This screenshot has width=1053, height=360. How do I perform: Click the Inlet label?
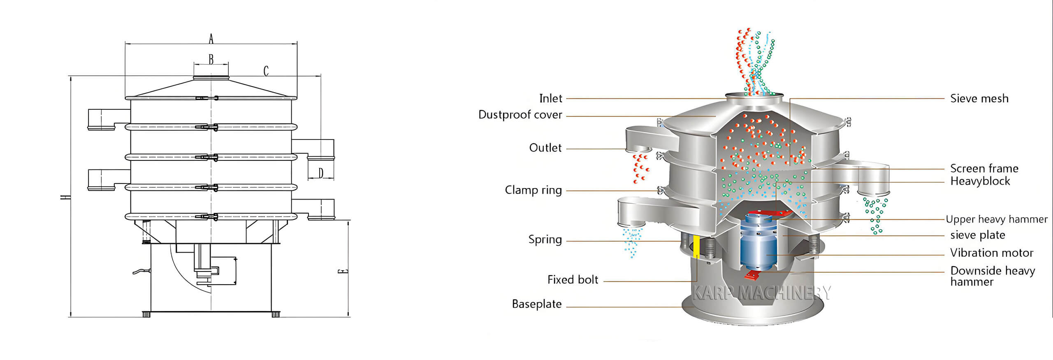pyautogui.click(x=550, y=99)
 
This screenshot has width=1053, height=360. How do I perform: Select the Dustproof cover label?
pyautogui.click(x=520, y=115)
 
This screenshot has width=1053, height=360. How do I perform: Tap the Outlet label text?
pyautogui.click(x=545, y=148)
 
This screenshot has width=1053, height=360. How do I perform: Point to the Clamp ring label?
pyautogui.click(x=533, y=190)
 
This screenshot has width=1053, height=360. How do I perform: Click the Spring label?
pyautogui.click(x=545, y=239)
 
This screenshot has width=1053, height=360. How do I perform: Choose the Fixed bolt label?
pyautogui.click(x=573, y=280)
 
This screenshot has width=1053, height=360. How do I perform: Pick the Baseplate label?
pyautogui.click(x=537, y=304)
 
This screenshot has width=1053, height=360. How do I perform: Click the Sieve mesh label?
pyautogui.click(x=979, y=99)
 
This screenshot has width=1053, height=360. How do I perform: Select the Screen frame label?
pyautogui.click(x=984, y=168)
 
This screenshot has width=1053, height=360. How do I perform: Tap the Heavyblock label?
pyautogui.click(x=980, y=181)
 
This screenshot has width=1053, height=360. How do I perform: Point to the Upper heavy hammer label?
pyautogui.click(x=996, y=219)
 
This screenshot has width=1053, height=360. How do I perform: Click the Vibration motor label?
pyautogui.click(x=991, y=253)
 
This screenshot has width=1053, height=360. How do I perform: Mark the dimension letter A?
pyautogui.click(x=211, y=39)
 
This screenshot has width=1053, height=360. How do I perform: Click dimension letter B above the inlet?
pyautogui.click(x=211, y=60)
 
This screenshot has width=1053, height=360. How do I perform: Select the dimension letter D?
pyautogui.click(x=321, y=173)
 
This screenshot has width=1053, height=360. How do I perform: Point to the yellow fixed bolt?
pyautogui.click(x=696, y=247)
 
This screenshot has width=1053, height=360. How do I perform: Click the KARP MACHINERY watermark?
pyautogui.click(x=761, y=293)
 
